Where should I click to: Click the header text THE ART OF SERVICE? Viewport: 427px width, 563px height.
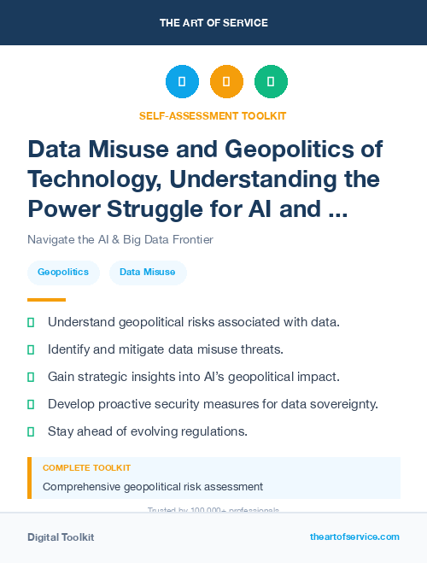[x=213, y=22]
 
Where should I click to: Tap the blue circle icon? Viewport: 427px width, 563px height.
[x=182, y=82]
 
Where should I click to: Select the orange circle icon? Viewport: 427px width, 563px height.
[x=226, y=82]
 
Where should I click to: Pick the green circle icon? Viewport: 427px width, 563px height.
[x=271, y=82]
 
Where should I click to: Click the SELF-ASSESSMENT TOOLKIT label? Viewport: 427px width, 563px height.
[x=213, y=115]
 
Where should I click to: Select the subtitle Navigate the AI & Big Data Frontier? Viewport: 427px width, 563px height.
[x=120, y=239]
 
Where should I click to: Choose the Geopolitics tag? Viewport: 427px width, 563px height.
[x=63, y=273]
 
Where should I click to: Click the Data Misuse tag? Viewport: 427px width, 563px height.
[x=148, y=273]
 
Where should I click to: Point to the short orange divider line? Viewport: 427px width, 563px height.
[x=46, y=300]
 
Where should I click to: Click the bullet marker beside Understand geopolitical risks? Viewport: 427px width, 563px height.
[x=31, y=322]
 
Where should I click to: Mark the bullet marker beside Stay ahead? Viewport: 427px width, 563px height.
[x=31, y=431]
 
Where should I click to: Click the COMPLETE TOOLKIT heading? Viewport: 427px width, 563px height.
[x=86, y=468]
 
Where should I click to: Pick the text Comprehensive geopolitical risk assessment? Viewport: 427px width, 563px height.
[x=153, y=486]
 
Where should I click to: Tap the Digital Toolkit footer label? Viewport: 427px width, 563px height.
[x=61, y=537]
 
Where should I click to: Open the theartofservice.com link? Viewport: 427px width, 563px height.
[x=354, y=537]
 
